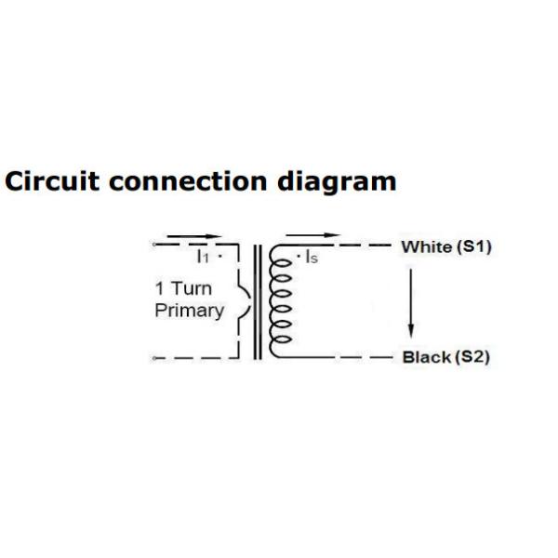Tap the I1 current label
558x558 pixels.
coord(202,256)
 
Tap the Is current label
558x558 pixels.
coord(311,258)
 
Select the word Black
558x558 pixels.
coord(425,357)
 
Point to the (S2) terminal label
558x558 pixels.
coord(472,357)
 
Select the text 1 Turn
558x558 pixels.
coord(183,288)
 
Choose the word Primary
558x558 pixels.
coord(189,311)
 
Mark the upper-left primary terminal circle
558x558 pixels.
coord(153,246)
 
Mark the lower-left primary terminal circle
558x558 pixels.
coord(153,358)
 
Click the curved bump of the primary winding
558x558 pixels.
coord(243,302)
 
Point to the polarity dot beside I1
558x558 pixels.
coord(219,254)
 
